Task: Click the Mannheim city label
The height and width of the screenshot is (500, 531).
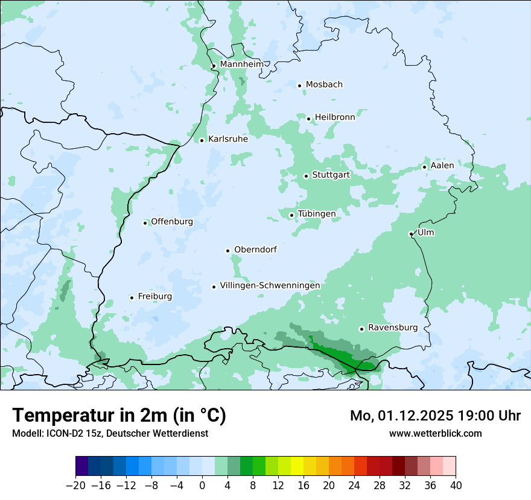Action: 241,64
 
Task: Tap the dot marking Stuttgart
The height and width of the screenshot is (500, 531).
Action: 306,176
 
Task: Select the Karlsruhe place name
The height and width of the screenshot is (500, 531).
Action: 227,139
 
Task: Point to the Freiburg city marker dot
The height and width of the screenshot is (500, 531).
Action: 132,298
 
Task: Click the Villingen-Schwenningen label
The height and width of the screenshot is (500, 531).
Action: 270,286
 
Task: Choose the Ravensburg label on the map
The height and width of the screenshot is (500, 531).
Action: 392,328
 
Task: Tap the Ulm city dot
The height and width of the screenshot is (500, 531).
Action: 411,234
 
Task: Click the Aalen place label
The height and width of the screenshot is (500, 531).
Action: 442,166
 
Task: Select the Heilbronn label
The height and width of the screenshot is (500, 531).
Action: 335,117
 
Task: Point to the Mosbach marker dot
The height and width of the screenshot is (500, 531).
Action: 299,86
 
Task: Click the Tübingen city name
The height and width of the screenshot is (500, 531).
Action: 316,214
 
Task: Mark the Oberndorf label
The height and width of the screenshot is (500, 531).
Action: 255,249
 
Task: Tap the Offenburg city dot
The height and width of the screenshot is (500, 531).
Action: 145,223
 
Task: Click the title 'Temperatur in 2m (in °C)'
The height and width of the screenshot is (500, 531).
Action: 119,416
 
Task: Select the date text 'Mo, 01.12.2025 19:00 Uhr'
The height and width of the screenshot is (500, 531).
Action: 435,416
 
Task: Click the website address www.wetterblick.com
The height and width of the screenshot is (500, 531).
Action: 435,433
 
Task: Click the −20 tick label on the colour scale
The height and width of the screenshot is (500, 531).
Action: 75,485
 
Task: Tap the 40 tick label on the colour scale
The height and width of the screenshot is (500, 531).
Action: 456,485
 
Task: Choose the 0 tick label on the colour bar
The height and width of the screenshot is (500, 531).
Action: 202,485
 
